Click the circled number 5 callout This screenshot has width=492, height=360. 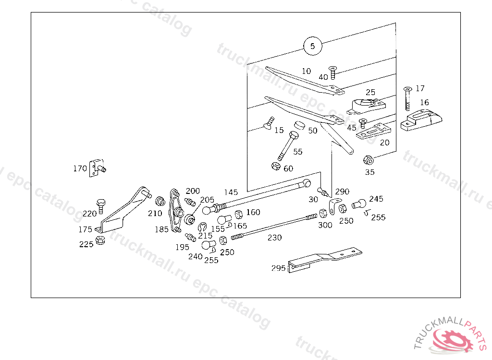(312, 46)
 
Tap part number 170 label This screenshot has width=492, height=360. (80, 168)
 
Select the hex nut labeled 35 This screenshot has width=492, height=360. (369, 160)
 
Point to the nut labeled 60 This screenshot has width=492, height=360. (275, 166)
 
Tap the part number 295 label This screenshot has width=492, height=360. (278, 268)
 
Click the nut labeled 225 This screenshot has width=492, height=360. (100, 241)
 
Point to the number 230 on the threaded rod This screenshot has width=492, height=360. (275, 237)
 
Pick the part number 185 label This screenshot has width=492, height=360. (161, 229)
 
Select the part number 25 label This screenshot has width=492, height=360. (370, 92)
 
